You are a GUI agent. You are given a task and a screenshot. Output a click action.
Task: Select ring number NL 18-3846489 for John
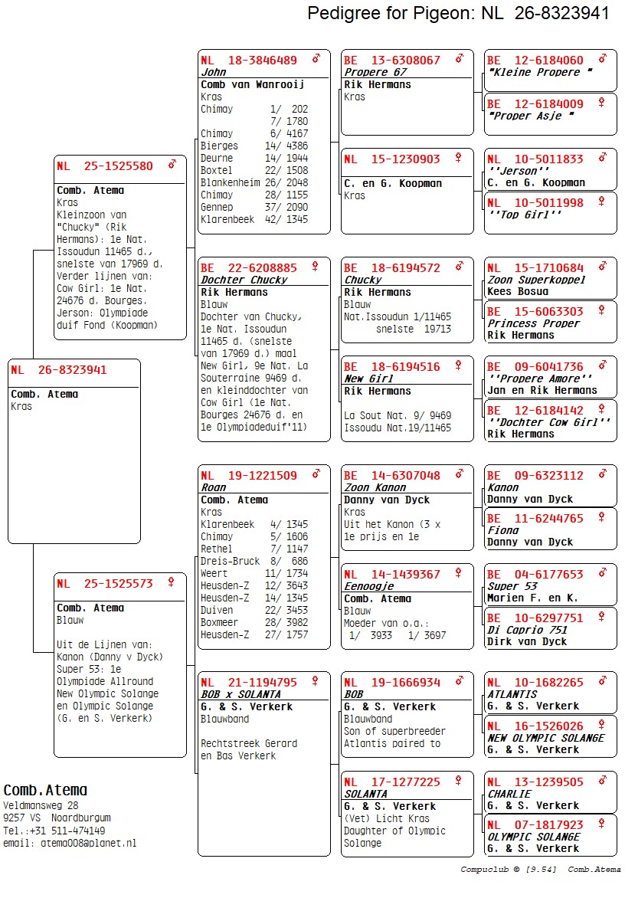[249, 61]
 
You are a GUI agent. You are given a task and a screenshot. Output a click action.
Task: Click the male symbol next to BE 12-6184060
[603, 59]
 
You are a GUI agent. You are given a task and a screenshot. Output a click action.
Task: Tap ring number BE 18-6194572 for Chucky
[391, 268]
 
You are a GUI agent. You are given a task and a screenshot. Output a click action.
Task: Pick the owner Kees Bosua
[518, 291]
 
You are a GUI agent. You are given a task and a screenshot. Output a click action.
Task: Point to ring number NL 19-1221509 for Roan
[249, 476]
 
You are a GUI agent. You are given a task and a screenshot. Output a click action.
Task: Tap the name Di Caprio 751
[527, 630]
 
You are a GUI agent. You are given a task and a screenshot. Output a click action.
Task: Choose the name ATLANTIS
[512, 694]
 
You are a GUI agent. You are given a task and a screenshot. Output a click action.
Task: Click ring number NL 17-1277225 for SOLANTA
[391, 782]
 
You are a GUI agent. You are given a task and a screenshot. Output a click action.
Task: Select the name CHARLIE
[509, 794]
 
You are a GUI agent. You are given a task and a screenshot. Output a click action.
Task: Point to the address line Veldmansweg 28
[41, 806]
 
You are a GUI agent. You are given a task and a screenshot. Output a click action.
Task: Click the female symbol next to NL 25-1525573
[172, 582]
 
